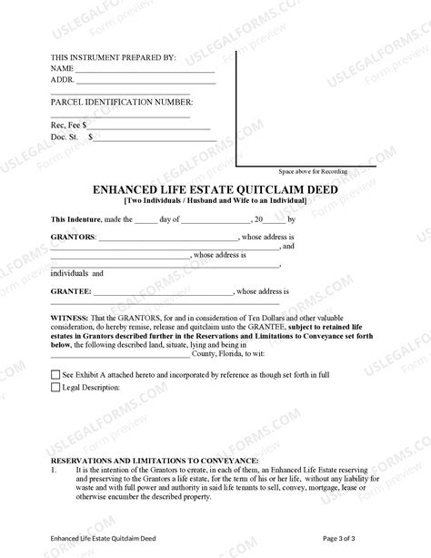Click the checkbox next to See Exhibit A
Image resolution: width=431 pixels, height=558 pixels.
tap(55, 374)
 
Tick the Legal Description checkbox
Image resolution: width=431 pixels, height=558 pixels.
tap(55, 388)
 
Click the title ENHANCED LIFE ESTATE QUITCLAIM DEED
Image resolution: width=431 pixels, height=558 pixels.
tap(215, 189)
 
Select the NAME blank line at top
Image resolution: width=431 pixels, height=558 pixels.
tap(144, 69)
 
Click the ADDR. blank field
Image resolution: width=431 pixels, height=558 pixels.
tap(144, 80)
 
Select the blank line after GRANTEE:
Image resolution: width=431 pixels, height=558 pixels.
tap(163, 291)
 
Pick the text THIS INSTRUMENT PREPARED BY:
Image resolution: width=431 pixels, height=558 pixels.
tap(113, 57)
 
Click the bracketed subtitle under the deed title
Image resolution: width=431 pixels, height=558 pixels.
tap(215, 200)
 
